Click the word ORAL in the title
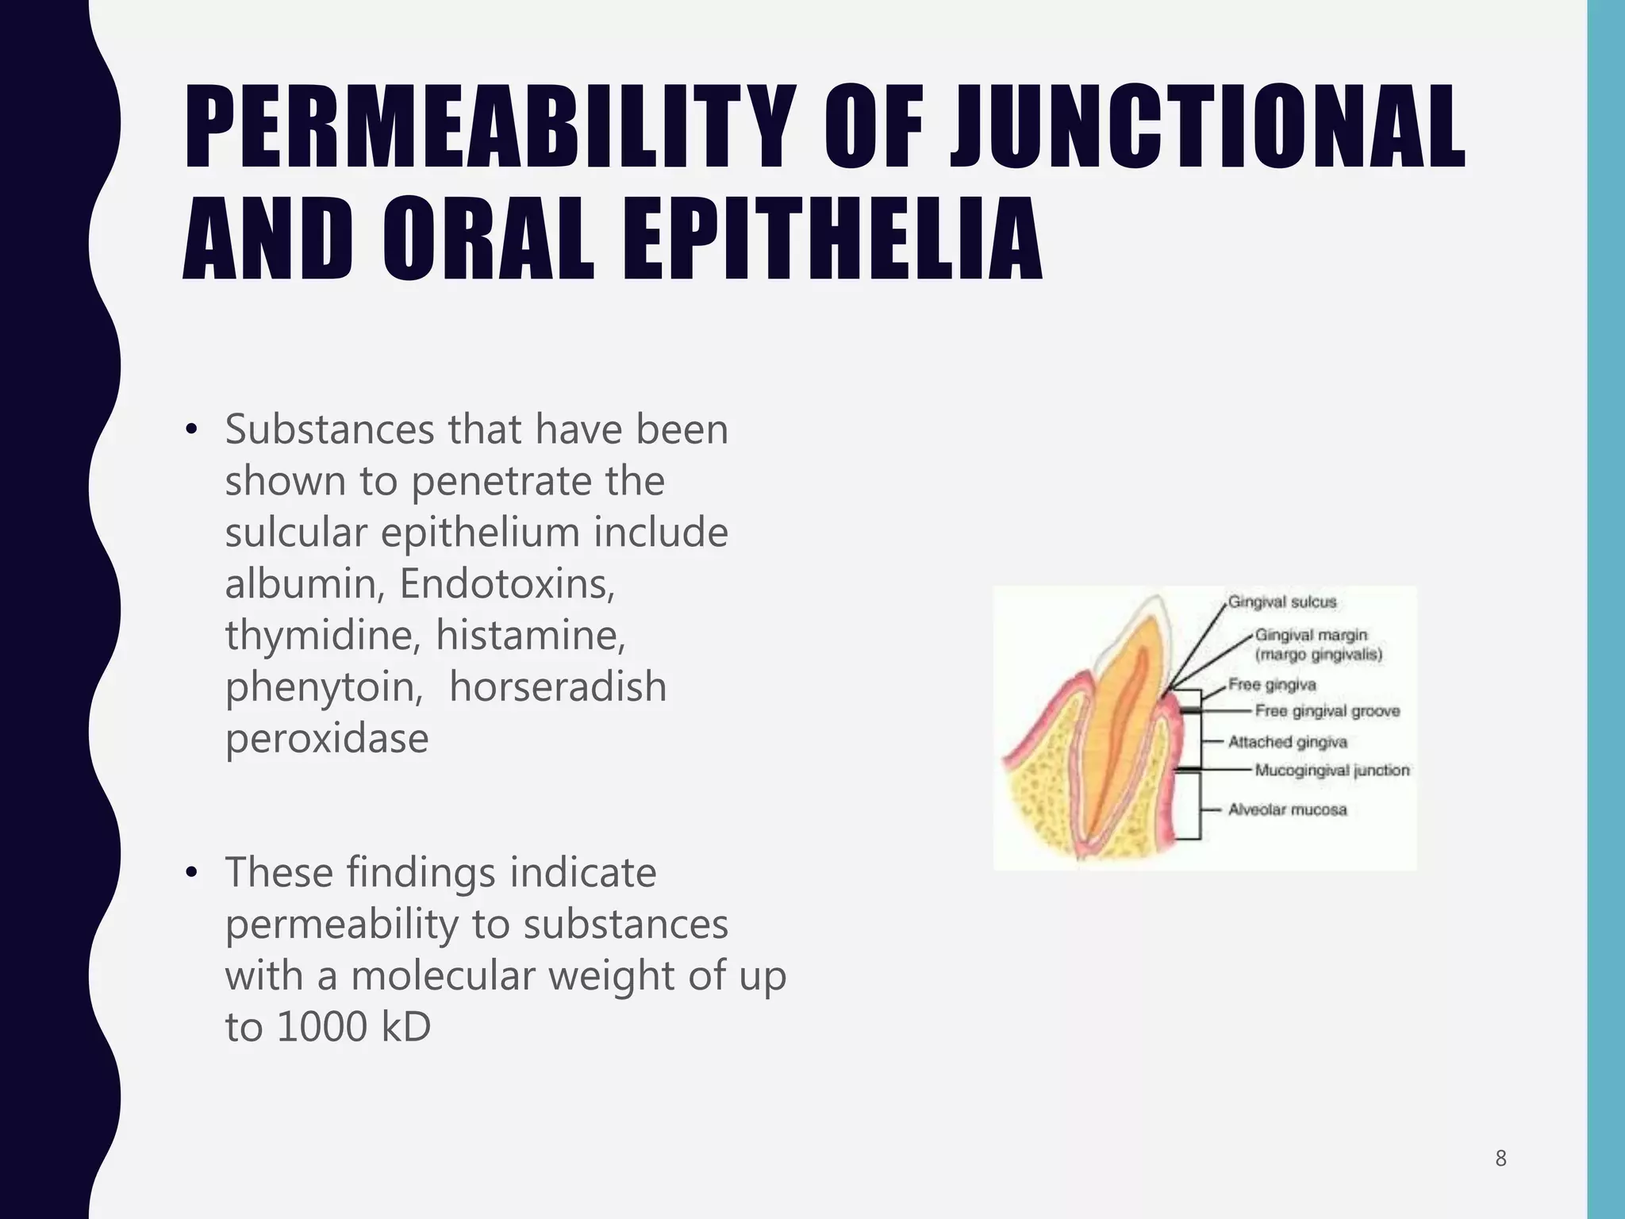tap(487, 240)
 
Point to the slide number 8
tap(1500, 1159)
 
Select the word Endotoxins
tap(506, 584)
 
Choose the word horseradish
tap(557, 686)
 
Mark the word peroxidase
tap(327, 739)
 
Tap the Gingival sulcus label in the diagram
tap(1281, 602)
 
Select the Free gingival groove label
tap(1327, 711)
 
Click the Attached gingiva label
tap(1287, 742)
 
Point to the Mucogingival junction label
tap(1331, 771)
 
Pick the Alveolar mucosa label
tap(1287, 810)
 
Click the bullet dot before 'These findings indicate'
tap(190, 873)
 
